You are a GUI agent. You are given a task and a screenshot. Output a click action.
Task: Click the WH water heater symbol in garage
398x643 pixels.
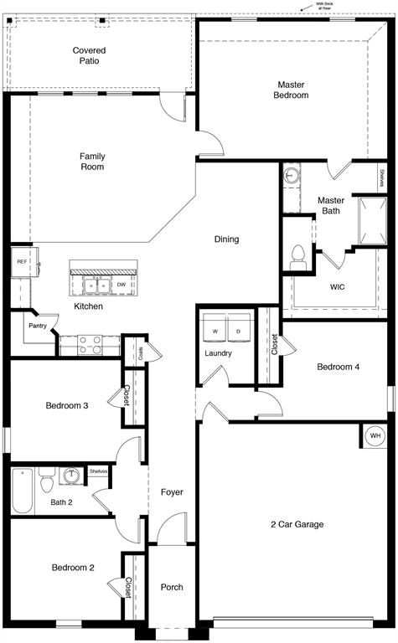(375, 436)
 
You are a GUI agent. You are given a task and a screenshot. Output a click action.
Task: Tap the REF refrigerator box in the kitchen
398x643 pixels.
(23, 261)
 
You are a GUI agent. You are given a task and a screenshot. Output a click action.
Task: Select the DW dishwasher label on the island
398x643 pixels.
(121, 285)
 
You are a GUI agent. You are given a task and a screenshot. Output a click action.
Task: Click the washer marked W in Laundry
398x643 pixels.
(215, 332)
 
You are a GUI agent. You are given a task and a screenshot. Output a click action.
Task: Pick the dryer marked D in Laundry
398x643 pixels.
(238, 332)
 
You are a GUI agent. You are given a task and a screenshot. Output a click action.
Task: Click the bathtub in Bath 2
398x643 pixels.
(23, 490)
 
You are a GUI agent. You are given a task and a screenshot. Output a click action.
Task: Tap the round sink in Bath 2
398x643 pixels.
(73, 476)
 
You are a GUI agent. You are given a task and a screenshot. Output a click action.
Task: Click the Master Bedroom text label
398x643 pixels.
(291, 90)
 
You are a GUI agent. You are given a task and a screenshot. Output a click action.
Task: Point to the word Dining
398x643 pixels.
(226, 239)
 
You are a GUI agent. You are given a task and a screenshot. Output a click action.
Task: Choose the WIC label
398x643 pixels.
(338, 287)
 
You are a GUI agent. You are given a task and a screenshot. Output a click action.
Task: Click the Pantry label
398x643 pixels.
(37, 326)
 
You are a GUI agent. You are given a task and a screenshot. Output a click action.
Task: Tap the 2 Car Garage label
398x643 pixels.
(297, 525)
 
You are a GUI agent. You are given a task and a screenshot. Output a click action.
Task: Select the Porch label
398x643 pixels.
(172, 587)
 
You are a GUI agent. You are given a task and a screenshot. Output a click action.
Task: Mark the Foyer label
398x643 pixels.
(172, 492)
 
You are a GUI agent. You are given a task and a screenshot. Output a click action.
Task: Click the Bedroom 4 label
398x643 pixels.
(338, 367)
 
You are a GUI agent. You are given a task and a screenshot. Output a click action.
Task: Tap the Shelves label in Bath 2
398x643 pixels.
(99, 471)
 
